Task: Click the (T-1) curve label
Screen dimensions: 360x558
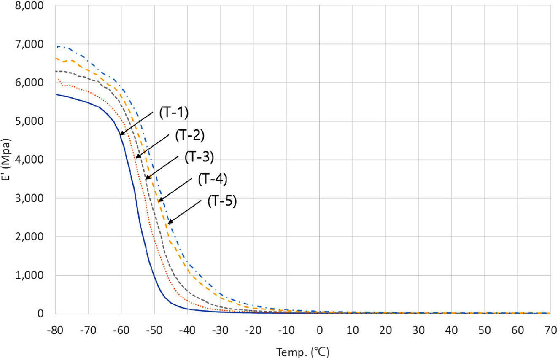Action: (173, 113)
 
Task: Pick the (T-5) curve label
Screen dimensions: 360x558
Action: (223, 201)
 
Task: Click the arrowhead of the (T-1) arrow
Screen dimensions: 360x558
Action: (121, 134)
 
